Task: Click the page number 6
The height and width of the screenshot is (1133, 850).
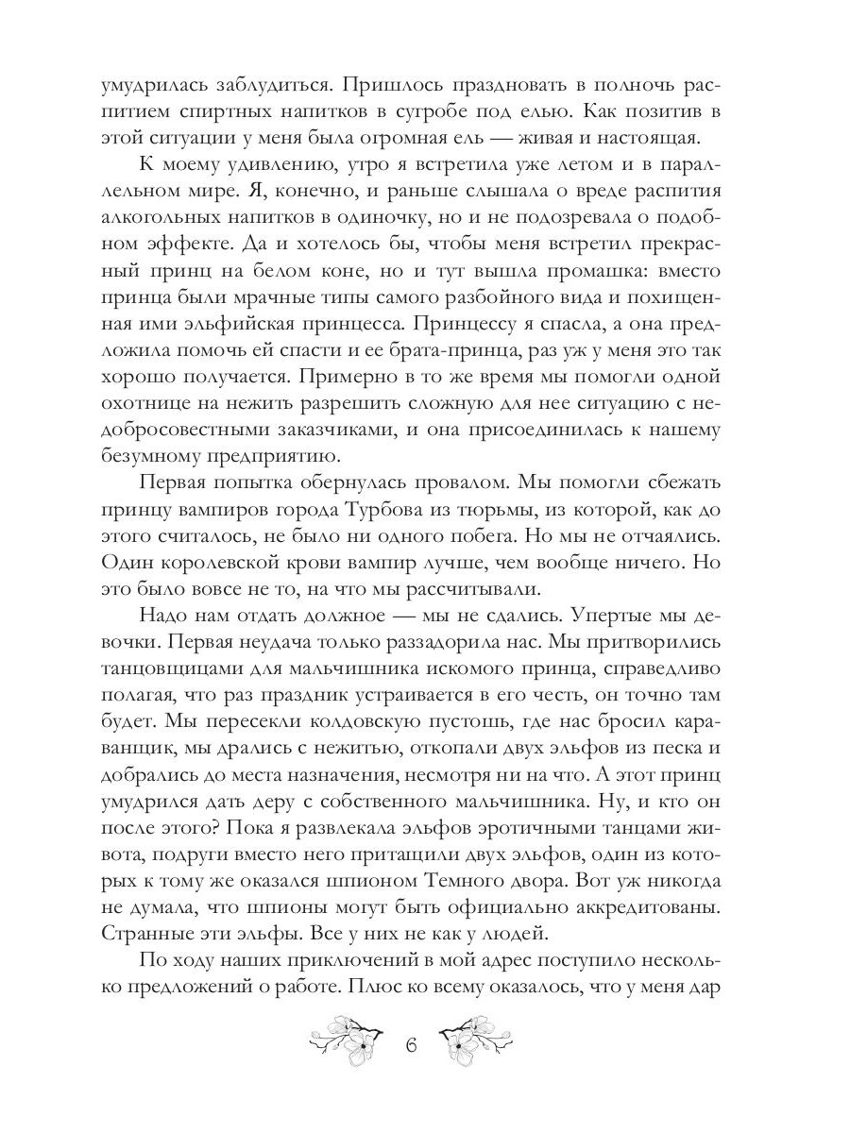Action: point(411,1047)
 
